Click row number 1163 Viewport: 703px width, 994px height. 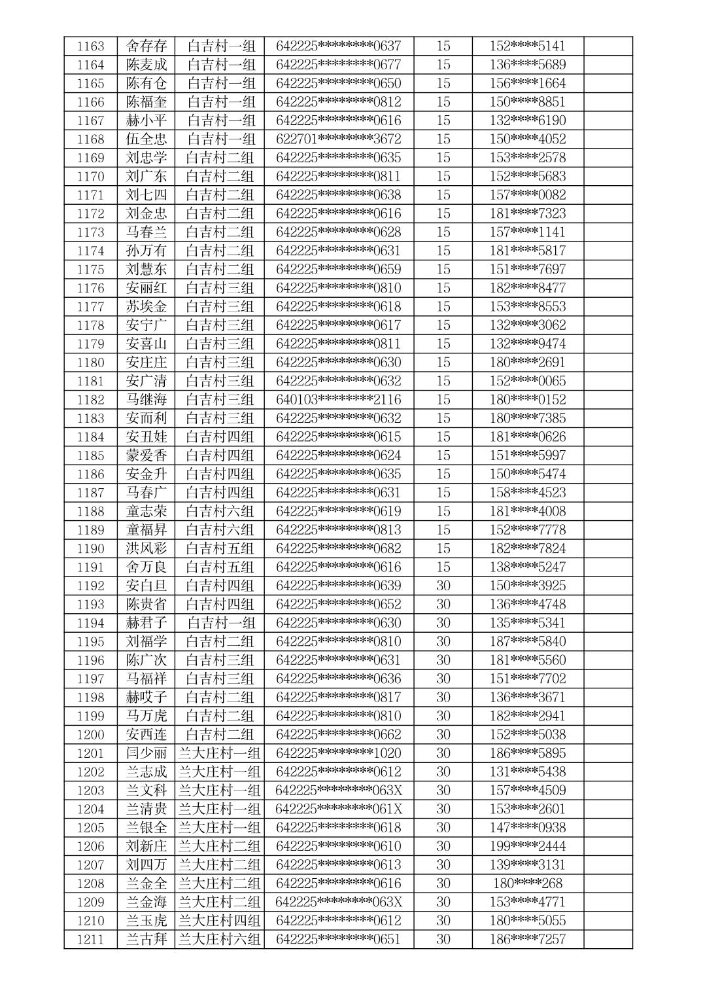pyautogui.click(x=90, y=46)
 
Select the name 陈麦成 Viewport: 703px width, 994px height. pyautogui.click(x=146, y=65)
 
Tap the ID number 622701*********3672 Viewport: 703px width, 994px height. pyautogui.click(x=338, y=139)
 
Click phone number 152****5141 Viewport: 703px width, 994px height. pyautogui.click(x=527, y=46)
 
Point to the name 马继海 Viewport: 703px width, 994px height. pyautogui.click(x=146, y=400)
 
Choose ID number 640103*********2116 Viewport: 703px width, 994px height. pyautogui.click(x=338, y=400)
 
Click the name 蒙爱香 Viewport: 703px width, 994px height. pyautogui.click(x=146, y=455)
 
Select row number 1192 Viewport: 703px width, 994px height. pyautogui.click(x=90, y=586)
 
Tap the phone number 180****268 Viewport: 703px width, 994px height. pyautogui.click(x=527, y=883)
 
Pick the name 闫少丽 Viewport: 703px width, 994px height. pyautogui.click(x=146, y=753)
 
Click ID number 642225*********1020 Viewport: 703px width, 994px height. pyautogui.click(x=338, y=753)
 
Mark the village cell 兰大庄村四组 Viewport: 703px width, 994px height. pyautogui.click(x=220, y=921)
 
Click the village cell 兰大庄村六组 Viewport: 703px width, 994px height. pyautogui.click(x=220, y=940)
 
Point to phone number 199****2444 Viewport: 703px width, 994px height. pyautogui.click(x=527, y=846)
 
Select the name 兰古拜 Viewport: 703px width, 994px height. pyautogui.click(x=146, y=940)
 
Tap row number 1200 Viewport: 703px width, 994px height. pyautogui.click(x=90, y=735)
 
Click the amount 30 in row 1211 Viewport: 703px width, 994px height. pyautogui.click(x=443, y=940)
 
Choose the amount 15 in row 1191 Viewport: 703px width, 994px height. pyautogui.click(x=443, y=567)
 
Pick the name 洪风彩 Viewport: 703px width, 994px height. pyautogui.click(x=146, y=548)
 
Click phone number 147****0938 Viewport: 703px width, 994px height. pyautogui.click(x=527, y=828)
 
